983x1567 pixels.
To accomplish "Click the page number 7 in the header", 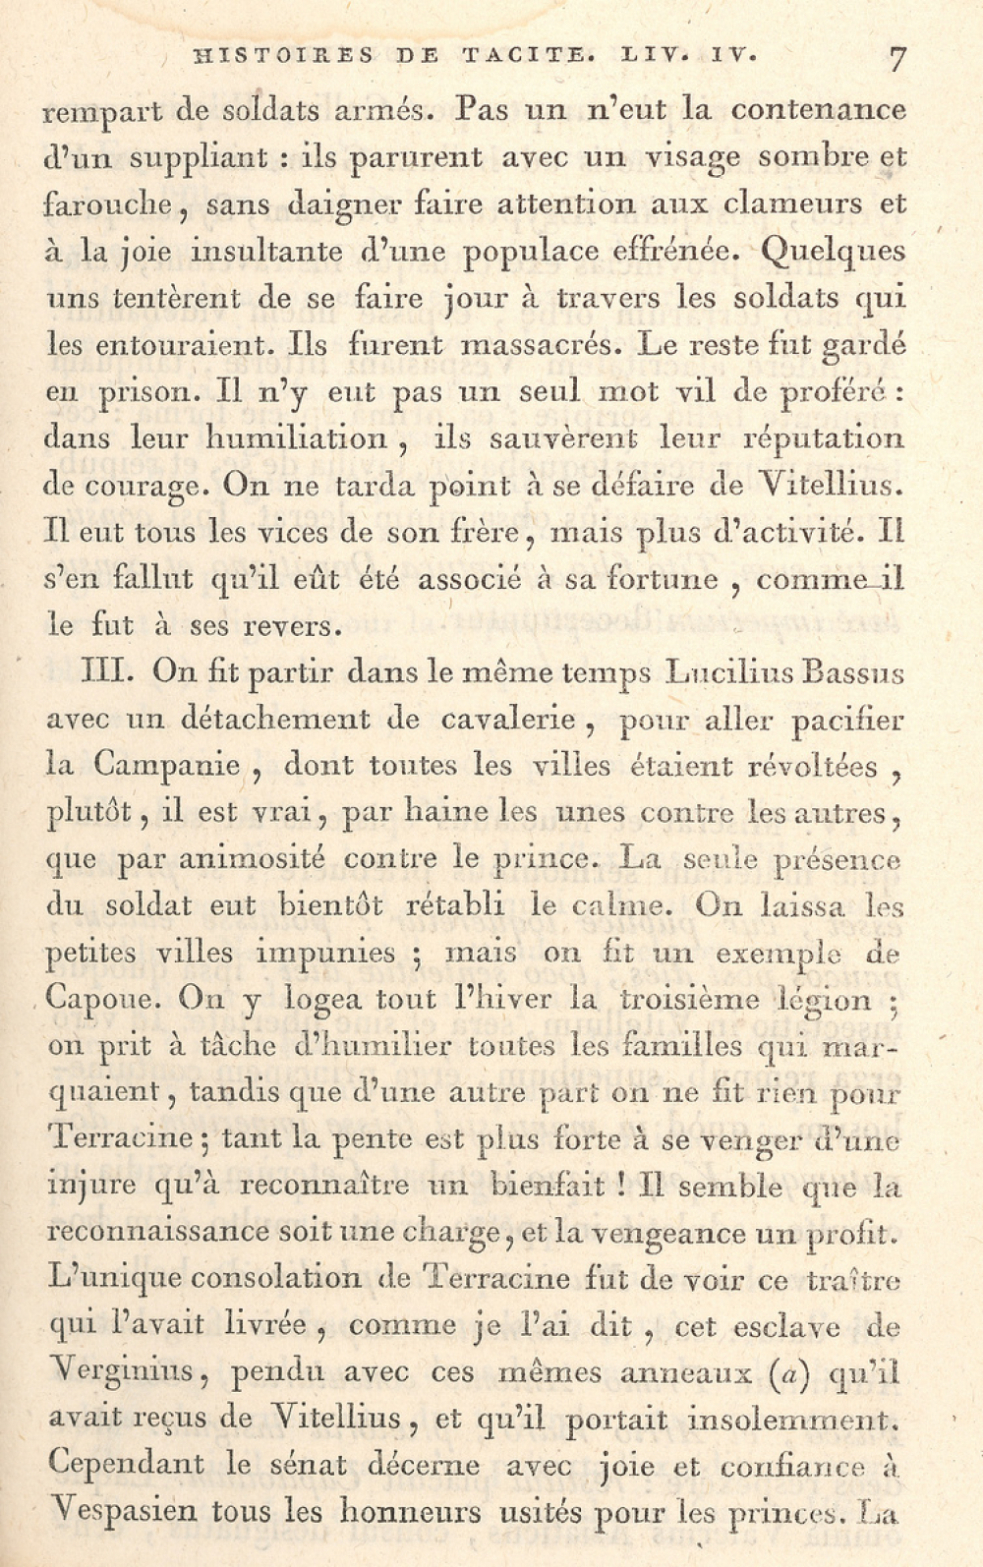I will point(896,58).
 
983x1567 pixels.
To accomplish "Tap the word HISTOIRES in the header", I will point(285,56).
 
